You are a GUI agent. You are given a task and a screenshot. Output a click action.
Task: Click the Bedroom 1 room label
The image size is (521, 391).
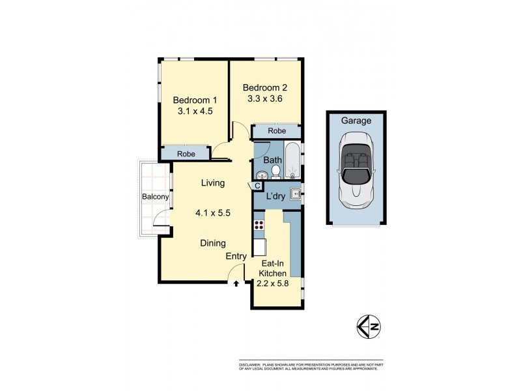[195, 100]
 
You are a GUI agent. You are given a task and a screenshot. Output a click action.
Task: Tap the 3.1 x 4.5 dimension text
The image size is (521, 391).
[195, 111]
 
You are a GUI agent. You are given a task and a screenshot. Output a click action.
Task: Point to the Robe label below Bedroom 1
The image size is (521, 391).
[187, 154]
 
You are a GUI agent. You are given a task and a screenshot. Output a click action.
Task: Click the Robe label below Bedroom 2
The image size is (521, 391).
[277, 131]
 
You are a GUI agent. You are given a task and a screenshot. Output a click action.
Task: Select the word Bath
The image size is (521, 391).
[272, 159]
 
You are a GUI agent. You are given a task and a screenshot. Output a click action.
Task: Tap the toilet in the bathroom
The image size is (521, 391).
[275, 172]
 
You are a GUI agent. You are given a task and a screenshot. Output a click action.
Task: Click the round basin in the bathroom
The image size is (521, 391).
[261, 175]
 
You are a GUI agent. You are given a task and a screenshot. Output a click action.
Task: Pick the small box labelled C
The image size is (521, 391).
[257, 186]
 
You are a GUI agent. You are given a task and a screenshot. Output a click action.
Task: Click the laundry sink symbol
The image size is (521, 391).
[295, 193]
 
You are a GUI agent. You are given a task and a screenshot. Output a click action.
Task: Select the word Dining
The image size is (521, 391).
[213, 243]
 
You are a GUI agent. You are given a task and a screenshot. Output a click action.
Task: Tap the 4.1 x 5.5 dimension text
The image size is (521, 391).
[213, 212]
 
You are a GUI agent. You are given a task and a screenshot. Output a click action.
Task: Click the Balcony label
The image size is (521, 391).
[156, 197]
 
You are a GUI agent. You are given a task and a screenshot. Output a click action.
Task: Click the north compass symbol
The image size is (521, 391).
[368, 325]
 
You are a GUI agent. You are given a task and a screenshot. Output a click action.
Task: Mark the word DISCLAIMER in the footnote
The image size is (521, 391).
[251, 364]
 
